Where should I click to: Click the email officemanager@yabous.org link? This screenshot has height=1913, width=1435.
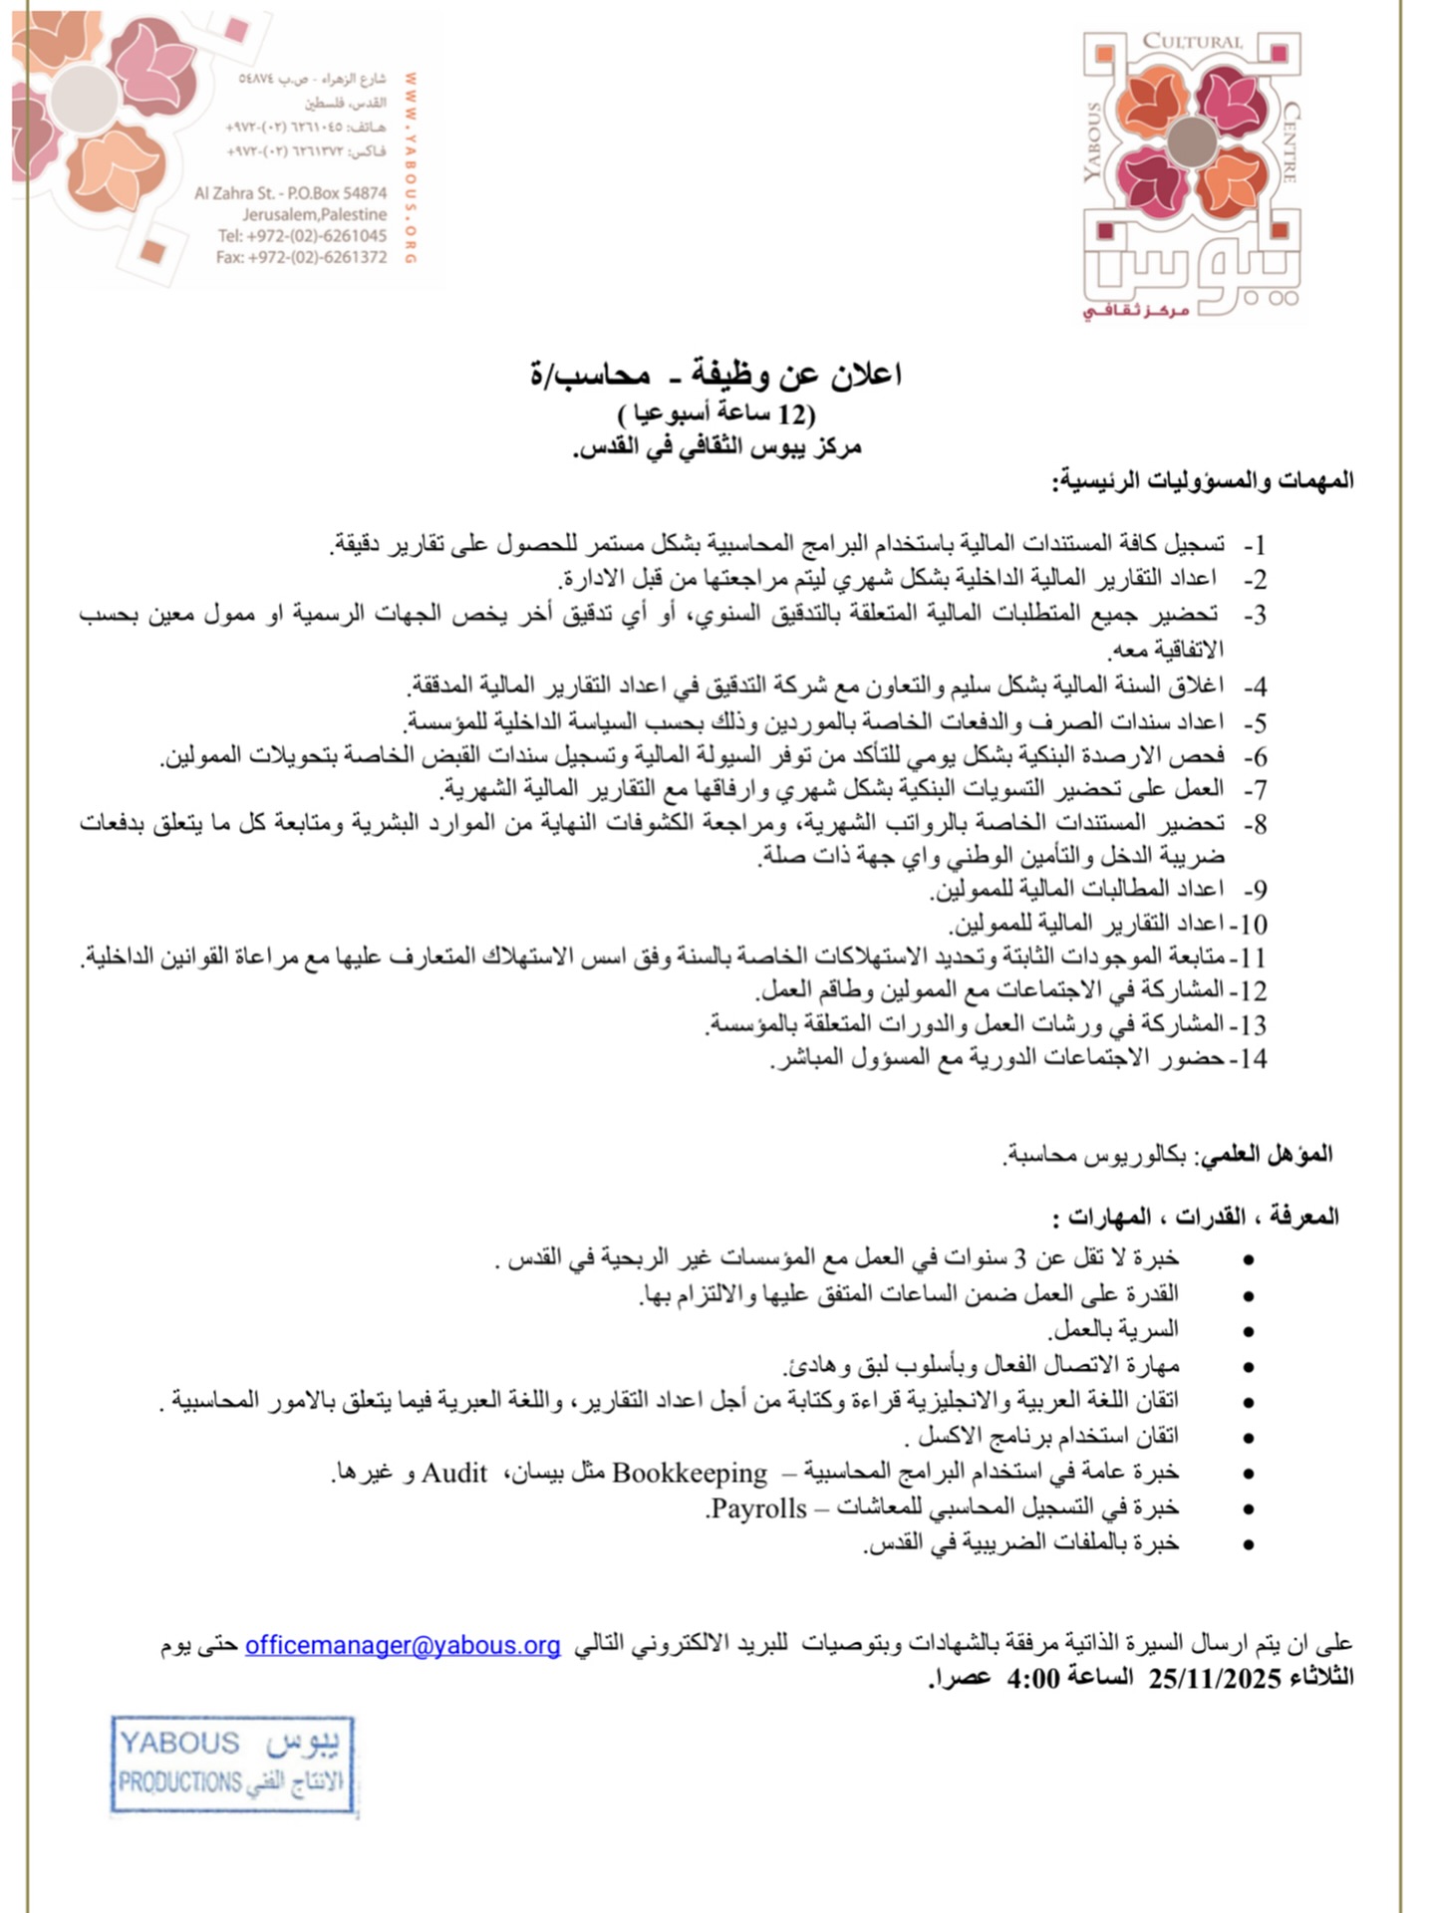click(x=403, y=1644)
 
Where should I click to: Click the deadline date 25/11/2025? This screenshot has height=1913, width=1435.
click(x=1214, y=1679)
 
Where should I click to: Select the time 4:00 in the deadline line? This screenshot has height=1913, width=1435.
click(x=1032, y=1679)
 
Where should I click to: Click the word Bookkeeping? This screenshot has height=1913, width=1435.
click(x=690, y=1473)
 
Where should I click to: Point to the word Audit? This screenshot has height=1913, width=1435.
click(x=454, y=1473)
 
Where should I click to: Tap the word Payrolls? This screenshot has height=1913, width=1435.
click(x=758, y=1508)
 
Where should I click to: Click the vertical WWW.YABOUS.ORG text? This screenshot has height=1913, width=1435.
click(x=410, y=167)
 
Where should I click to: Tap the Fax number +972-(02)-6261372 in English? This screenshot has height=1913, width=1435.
click(x=301, y=257)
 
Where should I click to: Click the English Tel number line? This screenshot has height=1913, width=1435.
click(x=302, y=236)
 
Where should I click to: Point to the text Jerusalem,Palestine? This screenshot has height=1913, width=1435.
click(x=314, y=214)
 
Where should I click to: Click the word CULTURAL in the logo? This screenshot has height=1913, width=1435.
click(x=1192, y=42)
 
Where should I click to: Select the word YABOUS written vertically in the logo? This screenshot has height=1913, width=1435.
click(x=1093, y=141)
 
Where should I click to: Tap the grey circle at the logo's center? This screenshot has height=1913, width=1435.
click(x=1192, y=141)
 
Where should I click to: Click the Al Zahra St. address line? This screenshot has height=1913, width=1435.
click(x=290, y=193)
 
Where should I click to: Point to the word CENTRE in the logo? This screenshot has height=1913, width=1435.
click(x=1291, y=141)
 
